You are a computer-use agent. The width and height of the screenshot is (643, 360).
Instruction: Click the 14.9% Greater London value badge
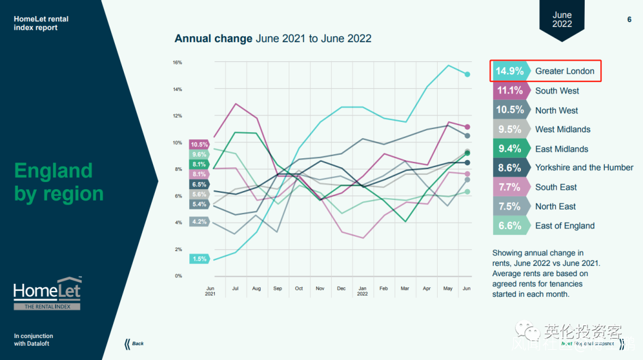click(510, 71)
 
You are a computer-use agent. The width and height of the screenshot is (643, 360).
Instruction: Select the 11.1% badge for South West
click(510, 90)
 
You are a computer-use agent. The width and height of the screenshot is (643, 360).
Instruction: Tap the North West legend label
click(557, 110)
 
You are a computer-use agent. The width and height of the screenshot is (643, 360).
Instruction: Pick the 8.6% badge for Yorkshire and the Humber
click(510, 168)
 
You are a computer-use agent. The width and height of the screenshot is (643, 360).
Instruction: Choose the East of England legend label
click(565, 226)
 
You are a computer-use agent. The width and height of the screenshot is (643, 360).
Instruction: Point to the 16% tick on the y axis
click(177, 62)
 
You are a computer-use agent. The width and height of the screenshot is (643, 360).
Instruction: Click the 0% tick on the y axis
click(178, 276)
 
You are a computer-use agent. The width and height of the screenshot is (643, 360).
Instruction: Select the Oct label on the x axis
click(299, 289)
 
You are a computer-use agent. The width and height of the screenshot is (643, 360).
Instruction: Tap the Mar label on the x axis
click(405, 289)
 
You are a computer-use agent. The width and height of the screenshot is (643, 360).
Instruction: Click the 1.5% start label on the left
click(199, 259)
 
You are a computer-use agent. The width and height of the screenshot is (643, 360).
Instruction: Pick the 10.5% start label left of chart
click(199, 145)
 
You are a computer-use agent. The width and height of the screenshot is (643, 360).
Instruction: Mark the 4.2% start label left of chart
click(199, 222)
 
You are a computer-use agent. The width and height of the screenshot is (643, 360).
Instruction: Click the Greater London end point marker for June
click(468, 74)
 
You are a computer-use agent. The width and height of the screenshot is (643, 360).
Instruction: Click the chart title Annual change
click(213, 39)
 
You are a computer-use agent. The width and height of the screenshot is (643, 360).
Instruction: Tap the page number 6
click(629, 20)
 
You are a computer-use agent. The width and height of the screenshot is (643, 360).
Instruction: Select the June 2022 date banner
click(561, 20)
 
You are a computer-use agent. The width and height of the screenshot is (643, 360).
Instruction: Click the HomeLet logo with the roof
click(48, 293)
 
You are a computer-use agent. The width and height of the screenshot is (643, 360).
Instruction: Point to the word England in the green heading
click(54, 171)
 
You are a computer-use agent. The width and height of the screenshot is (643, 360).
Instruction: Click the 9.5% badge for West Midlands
click(510, 129)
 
